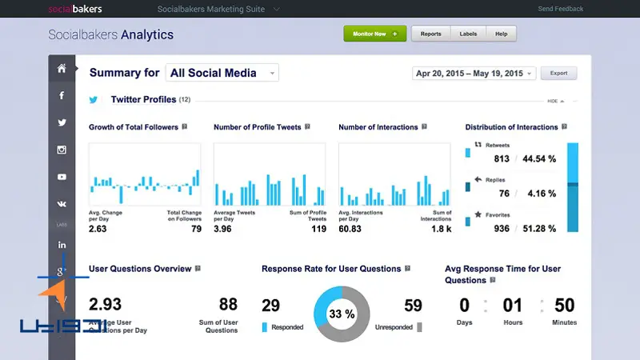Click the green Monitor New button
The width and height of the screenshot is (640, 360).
coord(374,34)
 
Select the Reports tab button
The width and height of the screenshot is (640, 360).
coord(430,34)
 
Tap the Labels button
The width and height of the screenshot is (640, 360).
coord(468,34)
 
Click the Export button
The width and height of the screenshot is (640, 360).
coord(558,73)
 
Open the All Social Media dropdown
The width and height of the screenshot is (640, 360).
coord(222,73)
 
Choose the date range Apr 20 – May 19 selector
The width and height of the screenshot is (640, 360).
coord(473,73)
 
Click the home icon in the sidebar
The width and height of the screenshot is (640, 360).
coord(62,68)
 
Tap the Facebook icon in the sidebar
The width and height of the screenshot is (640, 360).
coord(62,95)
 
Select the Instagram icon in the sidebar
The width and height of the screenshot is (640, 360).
coord(62,150)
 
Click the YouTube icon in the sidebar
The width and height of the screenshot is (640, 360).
coord(62,177)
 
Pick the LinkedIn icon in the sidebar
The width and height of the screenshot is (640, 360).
coord(62,245)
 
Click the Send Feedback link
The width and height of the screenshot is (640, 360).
coord(561,9)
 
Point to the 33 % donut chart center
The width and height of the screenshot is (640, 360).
coord(342,314)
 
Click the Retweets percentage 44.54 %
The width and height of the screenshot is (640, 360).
coord(539,158)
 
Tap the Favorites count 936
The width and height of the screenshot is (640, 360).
coord(502,229)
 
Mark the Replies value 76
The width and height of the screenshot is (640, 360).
coord(504,194)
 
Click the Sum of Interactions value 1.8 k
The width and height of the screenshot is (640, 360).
coord(442,229)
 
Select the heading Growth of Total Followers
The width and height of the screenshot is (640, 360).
coord(133,127)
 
